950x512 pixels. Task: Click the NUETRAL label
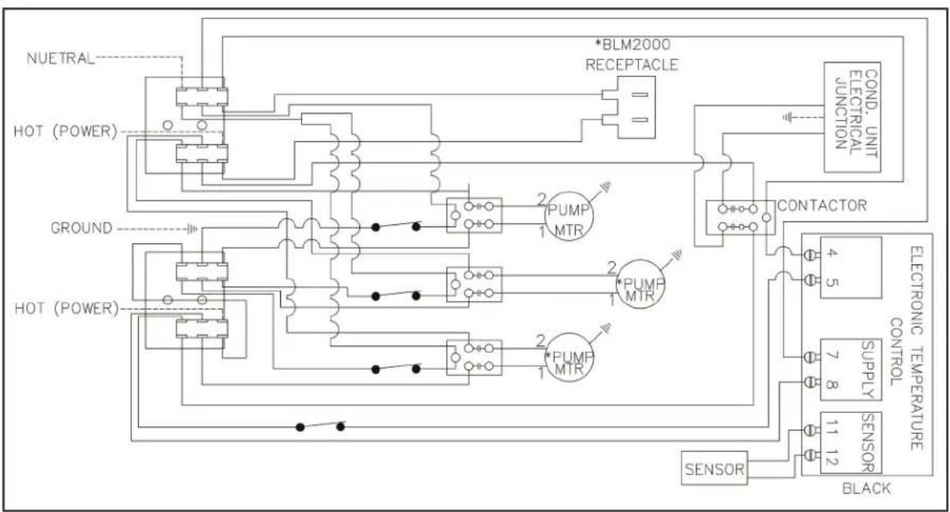[x=60, y=58]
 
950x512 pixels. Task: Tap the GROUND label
[x=81, y=228]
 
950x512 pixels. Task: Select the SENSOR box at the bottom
[x=714, y=468]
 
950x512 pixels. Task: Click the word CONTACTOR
[x=822, y=206]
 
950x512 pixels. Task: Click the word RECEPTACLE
[x=632, y=65]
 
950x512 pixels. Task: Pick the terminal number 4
[x=832, y=253]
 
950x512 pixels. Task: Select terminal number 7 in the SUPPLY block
[x=832, y=355]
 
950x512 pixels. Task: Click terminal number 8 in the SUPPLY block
[x=832, y=385]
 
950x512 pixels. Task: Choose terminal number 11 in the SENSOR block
[x=832, y=428]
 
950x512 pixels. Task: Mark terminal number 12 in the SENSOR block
[x=832, y=458]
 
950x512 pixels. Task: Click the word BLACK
[x=866, y=488]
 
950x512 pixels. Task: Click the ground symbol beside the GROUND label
[x=193, y=230]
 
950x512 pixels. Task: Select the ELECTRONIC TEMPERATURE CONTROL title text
[x=907, y=348]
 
